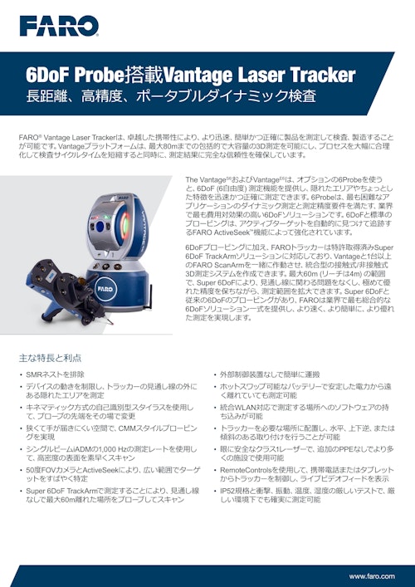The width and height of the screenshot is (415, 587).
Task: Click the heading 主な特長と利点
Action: coord(50,357)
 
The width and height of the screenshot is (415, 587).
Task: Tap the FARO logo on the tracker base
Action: coord(104,290)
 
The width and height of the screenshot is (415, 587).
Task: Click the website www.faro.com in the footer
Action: coord(373,575)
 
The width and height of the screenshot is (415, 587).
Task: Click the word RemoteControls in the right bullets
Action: coord(248,469)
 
